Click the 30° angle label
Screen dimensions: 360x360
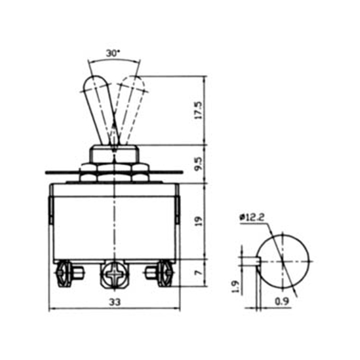tap(113, 53)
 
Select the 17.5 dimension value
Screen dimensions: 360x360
tap(198, 110)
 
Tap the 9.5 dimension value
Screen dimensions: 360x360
tap(198, 163)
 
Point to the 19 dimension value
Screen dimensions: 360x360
tap(198, 221)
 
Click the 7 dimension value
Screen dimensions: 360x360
tap(198, 272)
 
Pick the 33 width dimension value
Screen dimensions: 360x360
tap(114, 302)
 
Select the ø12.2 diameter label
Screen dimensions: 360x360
tap(252, 217)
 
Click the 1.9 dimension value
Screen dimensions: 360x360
tap(236, 286)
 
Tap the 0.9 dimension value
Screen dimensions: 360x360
tap(282, 301)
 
